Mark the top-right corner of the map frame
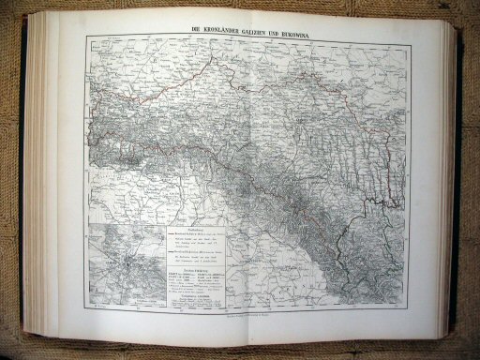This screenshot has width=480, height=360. coord(406,34)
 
